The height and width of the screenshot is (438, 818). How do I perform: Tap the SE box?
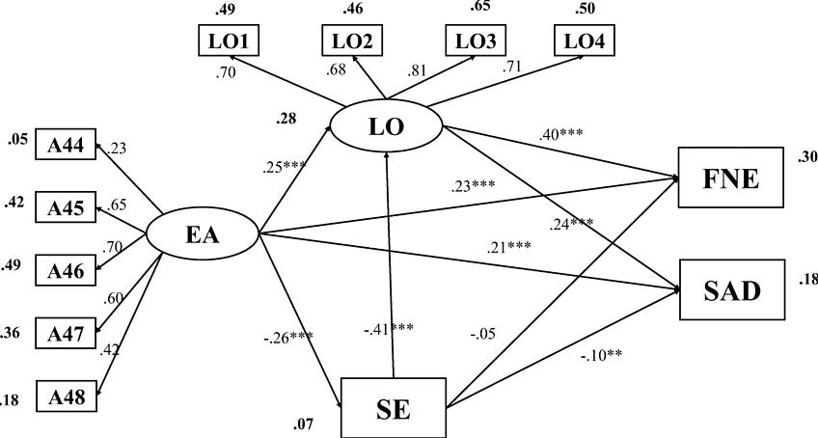(394, 407)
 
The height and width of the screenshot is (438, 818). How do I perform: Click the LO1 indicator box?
(228, 42)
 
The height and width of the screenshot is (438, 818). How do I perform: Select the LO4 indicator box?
(586, 42)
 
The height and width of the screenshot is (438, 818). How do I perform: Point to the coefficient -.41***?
(389, 328)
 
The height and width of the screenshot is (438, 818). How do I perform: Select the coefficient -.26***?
(288, 337)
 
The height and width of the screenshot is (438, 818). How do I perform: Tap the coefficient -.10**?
(601, 354)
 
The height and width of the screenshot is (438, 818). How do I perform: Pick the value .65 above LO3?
(480, 8)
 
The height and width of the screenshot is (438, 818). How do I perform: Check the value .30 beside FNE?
(807, 158)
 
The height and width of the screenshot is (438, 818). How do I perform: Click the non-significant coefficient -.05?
(483, 335)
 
